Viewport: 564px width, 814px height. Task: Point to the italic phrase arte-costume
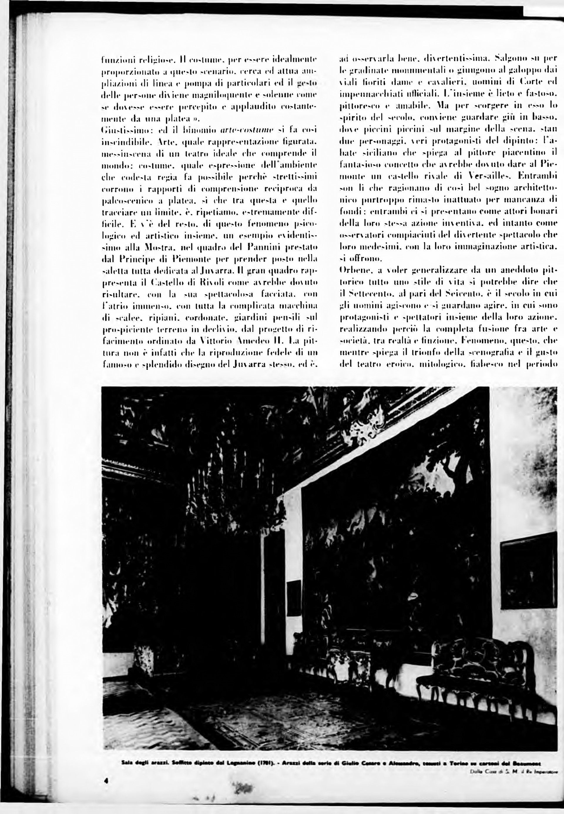(247, 130)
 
